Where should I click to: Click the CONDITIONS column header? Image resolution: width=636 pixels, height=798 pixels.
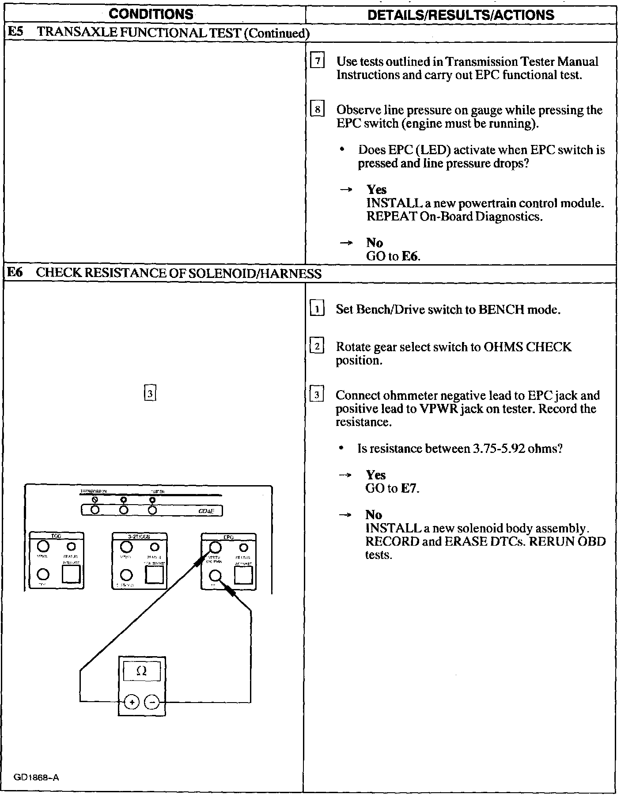(x=151, y=14)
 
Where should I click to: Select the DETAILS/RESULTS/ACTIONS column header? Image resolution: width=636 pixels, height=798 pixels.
(x=461, y=15)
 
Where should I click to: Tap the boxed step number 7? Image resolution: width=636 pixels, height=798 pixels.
(x=318, y=61)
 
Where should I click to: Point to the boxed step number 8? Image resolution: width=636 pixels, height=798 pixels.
(x=318, y=109)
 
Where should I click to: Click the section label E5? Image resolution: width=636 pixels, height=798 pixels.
(x=16, y=32)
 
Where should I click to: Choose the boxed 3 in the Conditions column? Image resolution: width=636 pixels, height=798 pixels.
(x=150, y=393)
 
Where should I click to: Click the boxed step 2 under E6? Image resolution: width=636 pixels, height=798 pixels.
(x=317, y=346)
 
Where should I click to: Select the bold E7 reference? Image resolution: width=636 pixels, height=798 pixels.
(x=409, y=488)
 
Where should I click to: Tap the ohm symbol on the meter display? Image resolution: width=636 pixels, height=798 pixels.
(x=141, y=671)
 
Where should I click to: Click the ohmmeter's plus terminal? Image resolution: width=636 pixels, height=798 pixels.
(x=131, y=702)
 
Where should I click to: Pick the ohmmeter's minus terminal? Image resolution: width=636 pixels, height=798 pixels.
(x=152, y=702)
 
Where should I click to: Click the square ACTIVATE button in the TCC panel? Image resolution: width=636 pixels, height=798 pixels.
(x=71, y=574)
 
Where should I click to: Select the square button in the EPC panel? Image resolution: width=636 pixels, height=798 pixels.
(x=243, y=574)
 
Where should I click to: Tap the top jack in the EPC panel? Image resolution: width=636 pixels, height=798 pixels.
(x=215, y=547)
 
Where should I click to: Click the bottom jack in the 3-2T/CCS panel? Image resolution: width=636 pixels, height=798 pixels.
(x=126, y=575)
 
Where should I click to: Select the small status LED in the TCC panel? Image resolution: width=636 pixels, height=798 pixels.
(x=71, y=547)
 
